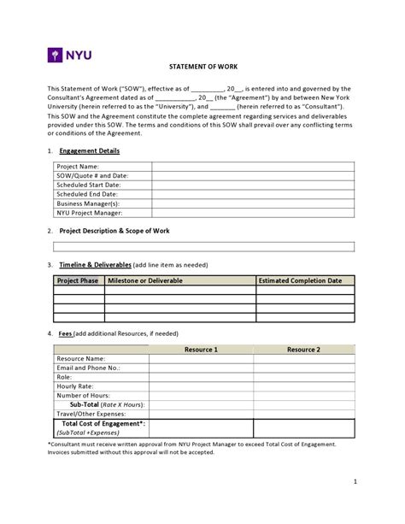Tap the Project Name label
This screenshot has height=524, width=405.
click(78, 166)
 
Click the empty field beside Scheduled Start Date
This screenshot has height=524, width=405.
click(254, 185)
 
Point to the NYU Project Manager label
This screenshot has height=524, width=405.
click(90, 213)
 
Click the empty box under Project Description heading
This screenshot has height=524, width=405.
click(202, 247)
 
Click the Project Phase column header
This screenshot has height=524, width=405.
click(79, 280)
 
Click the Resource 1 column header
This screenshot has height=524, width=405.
click(202, 350)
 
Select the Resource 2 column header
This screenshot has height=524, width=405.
click(303, 350)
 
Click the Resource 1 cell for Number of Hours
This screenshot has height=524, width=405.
click(202, 395)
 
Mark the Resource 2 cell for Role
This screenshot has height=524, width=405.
click(303, 377)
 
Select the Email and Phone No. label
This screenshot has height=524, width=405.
click(88, 368)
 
